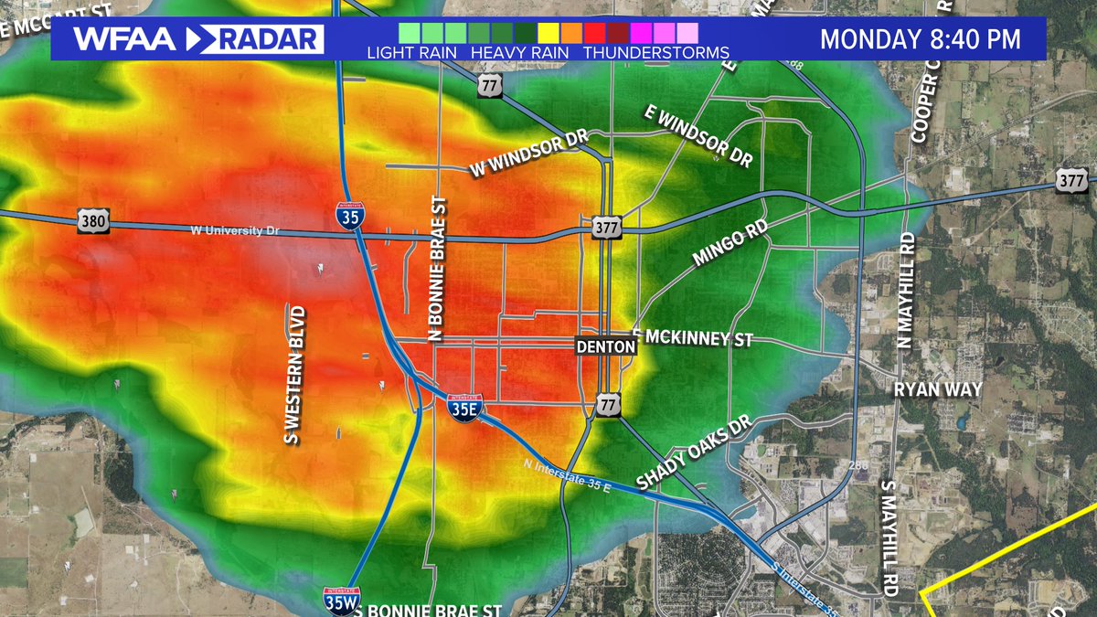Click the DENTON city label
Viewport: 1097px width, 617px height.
[x=605, y=347]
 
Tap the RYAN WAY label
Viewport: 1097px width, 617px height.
[x=938, y=389]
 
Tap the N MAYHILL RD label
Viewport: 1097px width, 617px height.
[x=906, y=291]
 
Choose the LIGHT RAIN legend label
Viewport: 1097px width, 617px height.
[x=410, y=52]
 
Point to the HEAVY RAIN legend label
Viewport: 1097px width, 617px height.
[x=519, y=52]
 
